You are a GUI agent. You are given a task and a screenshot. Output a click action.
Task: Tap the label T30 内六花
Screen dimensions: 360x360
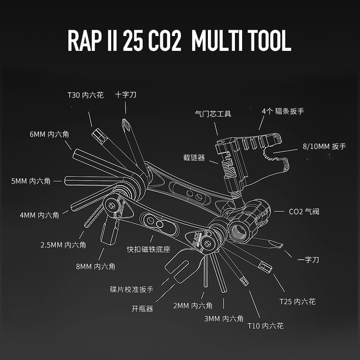click(x=85, y=95)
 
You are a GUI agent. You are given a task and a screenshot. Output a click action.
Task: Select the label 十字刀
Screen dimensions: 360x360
click(x=126, y=95)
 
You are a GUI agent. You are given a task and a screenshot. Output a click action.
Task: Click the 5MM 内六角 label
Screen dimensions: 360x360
click(x=31, y=181)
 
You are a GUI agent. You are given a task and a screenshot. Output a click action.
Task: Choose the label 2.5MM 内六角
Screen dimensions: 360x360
click(x=63, y=245)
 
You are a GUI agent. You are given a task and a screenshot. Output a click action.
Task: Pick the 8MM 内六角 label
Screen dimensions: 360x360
click(x=95, y=266)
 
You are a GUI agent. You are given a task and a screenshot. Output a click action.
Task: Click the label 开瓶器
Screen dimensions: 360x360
click(x=142, y=309)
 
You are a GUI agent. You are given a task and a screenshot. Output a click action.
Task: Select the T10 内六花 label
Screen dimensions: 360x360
click(x=265, y=325)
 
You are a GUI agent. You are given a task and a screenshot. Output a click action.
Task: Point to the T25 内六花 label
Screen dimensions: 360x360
click(x=297, y=301)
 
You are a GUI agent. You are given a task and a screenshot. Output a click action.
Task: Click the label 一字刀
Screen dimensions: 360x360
click(x=308, y=260)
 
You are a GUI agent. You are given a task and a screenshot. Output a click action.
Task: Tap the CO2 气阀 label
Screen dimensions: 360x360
click(x=304, y=211)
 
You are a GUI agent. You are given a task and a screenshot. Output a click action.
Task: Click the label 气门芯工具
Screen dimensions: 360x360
click(x=213, y=114)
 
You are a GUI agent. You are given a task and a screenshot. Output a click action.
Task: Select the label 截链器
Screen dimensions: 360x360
click(x=194, y=157)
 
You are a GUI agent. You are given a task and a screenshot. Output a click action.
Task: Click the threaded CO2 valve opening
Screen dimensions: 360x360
click(x=239, y=230)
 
